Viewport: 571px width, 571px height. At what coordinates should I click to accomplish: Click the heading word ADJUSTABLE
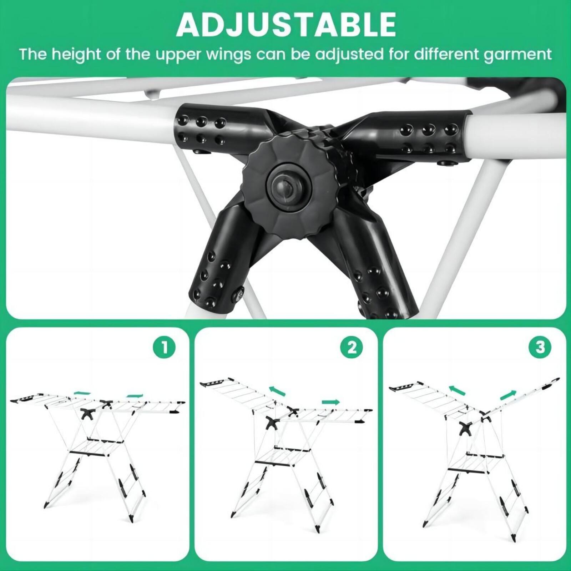(286, 24)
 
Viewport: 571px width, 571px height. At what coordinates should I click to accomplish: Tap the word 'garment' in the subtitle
(518, 54)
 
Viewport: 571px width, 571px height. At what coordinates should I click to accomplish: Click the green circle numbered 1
(164, 347)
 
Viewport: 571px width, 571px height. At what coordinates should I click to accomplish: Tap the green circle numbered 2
(352, 347)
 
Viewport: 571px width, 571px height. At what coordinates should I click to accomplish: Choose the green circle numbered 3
(541, 347)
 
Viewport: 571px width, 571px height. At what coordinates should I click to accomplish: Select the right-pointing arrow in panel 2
(330, 402)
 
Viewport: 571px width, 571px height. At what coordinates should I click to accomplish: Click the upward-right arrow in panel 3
(508, 395)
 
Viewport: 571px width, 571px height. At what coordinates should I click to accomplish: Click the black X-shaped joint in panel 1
(87, 413)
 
